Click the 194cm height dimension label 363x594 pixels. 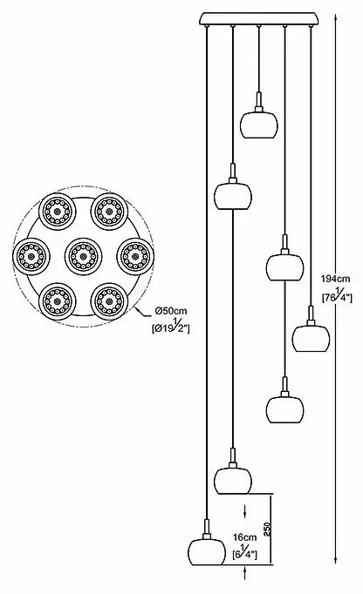coord(335,280)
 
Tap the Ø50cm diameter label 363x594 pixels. coord(171,311)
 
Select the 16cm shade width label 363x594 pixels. coord(245,537)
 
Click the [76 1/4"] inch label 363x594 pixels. coord(337,296)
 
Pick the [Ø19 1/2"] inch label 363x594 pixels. coord(170,327)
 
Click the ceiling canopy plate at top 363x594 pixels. coord(259,18)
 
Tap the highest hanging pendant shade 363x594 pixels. coord(259,125)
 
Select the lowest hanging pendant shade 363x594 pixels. coord(208,552)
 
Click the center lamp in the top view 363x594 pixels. coord(83,256)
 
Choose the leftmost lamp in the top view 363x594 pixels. coord(31,256)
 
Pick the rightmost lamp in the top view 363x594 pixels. coord(135,256)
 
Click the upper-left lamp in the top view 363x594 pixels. coord(58,212)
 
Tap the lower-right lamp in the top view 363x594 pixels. coord(109,301)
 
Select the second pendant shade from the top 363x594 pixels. coord(233,196)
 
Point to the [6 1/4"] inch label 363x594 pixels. coord(245,553)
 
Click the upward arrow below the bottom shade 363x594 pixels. coord(245,572)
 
